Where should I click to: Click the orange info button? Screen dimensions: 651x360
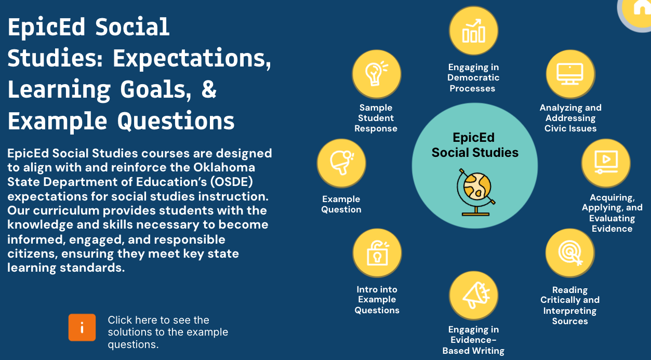pos(82,327)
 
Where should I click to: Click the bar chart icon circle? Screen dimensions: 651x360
pos(473,31)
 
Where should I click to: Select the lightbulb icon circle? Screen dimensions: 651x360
pos(377,74)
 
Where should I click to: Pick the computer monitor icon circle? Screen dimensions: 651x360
pos(570,74)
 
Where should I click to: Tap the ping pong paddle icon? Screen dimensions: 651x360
pos(341,163)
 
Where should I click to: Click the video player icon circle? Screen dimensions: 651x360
pos(606,163)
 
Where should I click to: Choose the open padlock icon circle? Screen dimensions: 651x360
pos(377,253)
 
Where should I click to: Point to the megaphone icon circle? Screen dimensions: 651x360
pos(473,296)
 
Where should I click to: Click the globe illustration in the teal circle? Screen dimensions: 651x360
pos(475,192)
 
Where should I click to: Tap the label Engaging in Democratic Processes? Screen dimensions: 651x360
pos(473,77)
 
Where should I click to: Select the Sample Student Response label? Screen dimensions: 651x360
pos(376,118)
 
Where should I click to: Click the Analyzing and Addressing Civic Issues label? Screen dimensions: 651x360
pos(570,118)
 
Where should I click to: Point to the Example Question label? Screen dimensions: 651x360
pos(341,204)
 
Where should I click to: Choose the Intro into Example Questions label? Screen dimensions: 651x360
pos(377,300)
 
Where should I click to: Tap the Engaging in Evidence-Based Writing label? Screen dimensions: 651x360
pos(473,340)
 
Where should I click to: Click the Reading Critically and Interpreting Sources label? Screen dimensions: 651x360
pos(570,305)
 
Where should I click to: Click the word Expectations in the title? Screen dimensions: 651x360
pos(192,58)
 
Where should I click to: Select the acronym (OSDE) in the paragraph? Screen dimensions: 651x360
pos(232,182)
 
